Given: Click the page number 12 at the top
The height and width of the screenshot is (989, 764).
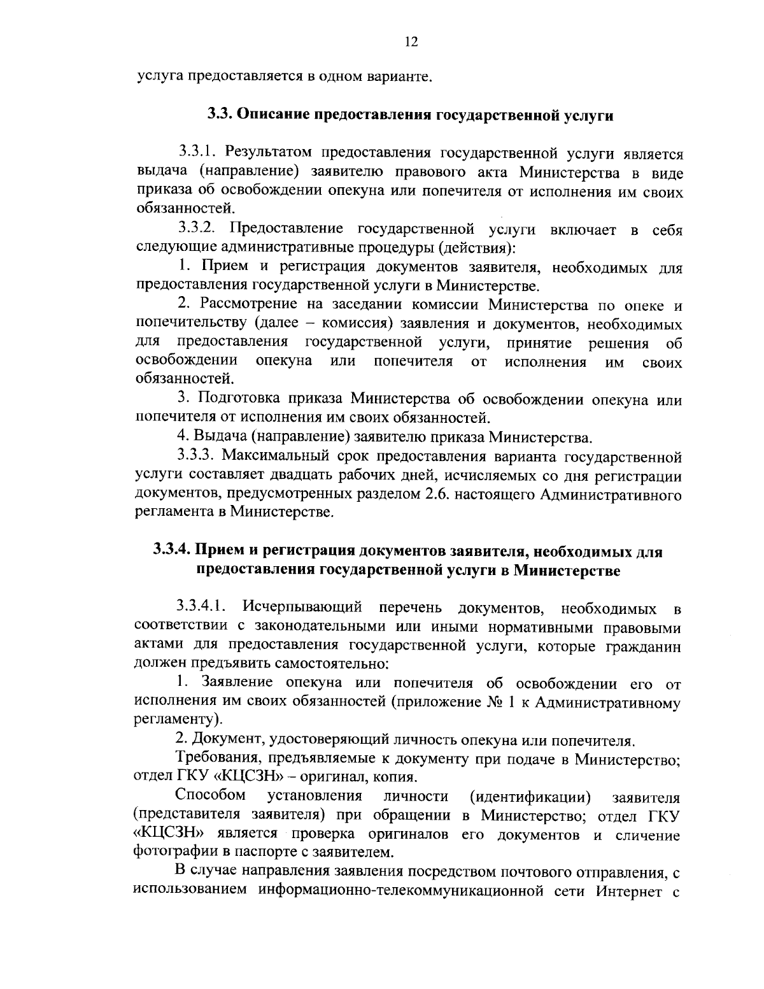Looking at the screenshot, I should [411, 42].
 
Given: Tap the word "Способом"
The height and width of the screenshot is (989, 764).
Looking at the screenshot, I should [211, 796].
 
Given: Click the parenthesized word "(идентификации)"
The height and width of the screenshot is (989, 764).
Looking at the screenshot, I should [530, 797].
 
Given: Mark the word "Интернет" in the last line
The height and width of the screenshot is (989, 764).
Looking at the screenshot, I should [626, 889].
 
